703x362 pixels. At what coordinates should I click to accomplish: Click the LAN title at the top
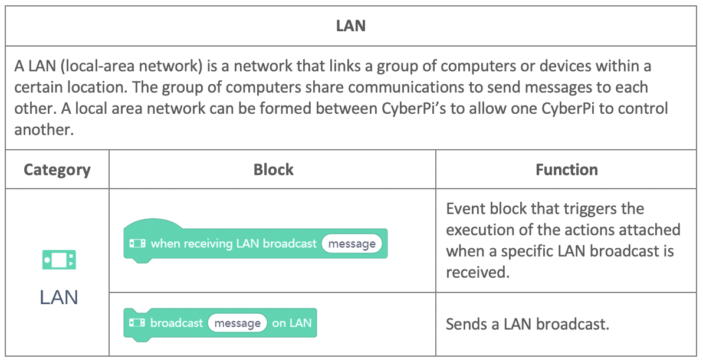pyautogui.click(x=350, y=26)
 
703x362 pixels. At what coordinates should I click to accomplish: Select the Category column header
pyautogui.click(x=57, y=170)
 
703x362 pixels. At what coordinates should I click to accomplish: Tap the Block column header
pyautogui.click(x=273, y=169)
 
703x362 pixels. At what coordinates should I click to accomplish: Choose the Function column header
pyautogui.click(x=567, y=169)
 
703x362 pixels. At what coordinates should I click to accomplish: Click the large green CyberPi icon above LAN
pyautogui.click(x=59, y=260)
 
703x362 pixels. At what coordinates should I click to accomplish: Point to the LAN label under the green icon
pyautogui.click(x=59, y=298)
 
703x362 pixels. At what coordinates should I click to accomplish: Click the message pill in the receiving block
pyautogui.click(x=352, y=243)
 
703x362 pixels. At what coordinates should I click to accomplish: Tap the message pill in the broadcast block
pyautogui.click(x=237, y=323)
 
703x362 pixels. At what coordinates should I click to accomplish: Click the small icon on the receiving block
pyautogui.click(x=137, y=243)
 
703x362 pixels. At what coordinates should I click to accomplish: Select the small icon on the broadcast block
pyautogui.click(x=137, y=322)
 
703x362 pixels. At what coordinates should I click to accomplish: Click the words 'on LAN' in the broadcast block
pyautogui.click(x=291, y=323)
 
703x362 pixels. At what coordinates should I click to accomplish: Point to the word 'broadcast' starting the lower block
pyautogui.click(x=177, y=323)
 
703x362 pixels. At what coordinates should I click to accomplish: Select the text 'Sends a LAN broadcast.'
pyautogui.click(x=527, y=324)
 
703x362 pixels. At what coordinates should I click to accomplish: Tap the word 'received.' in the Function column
pyautogui.click(x=478, y=272)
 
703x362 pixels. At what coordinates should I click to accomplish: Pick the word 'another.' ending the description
pyautogui.click(x=44, y=130)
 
